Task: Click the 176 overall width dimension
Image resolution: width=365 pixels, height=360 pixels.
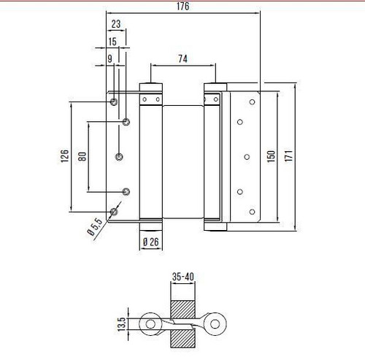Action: click(x=182, y=7)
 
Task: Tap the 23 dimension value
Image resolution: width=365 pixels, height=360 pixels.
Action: click(x=116, y=24)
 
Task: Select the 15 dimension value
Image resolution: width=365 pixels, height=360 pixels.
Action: click(x=112, y=42)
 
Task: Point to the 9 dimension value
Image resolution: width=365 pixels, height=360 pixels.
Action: click(x=110, y=58)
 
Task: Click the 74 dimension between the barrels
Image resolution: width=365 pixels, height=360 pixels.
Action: click(x=182, y=58)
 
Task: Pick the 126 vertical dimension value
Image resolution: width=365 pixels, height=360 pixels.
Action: click(x=65, y=156)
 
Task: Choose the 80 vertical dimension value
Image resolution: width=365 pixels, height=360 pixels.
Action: click(x=82, y=156)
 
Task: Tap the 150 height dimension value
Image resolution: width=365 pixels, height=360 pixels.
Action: click(x=271, y=156)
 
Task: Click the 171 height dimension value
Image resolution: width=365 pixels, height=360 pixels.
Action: click(x=288, y=156)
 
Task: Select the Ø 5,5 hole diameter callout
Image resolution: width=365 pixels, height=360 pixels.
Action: click(x=95, y=227)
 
